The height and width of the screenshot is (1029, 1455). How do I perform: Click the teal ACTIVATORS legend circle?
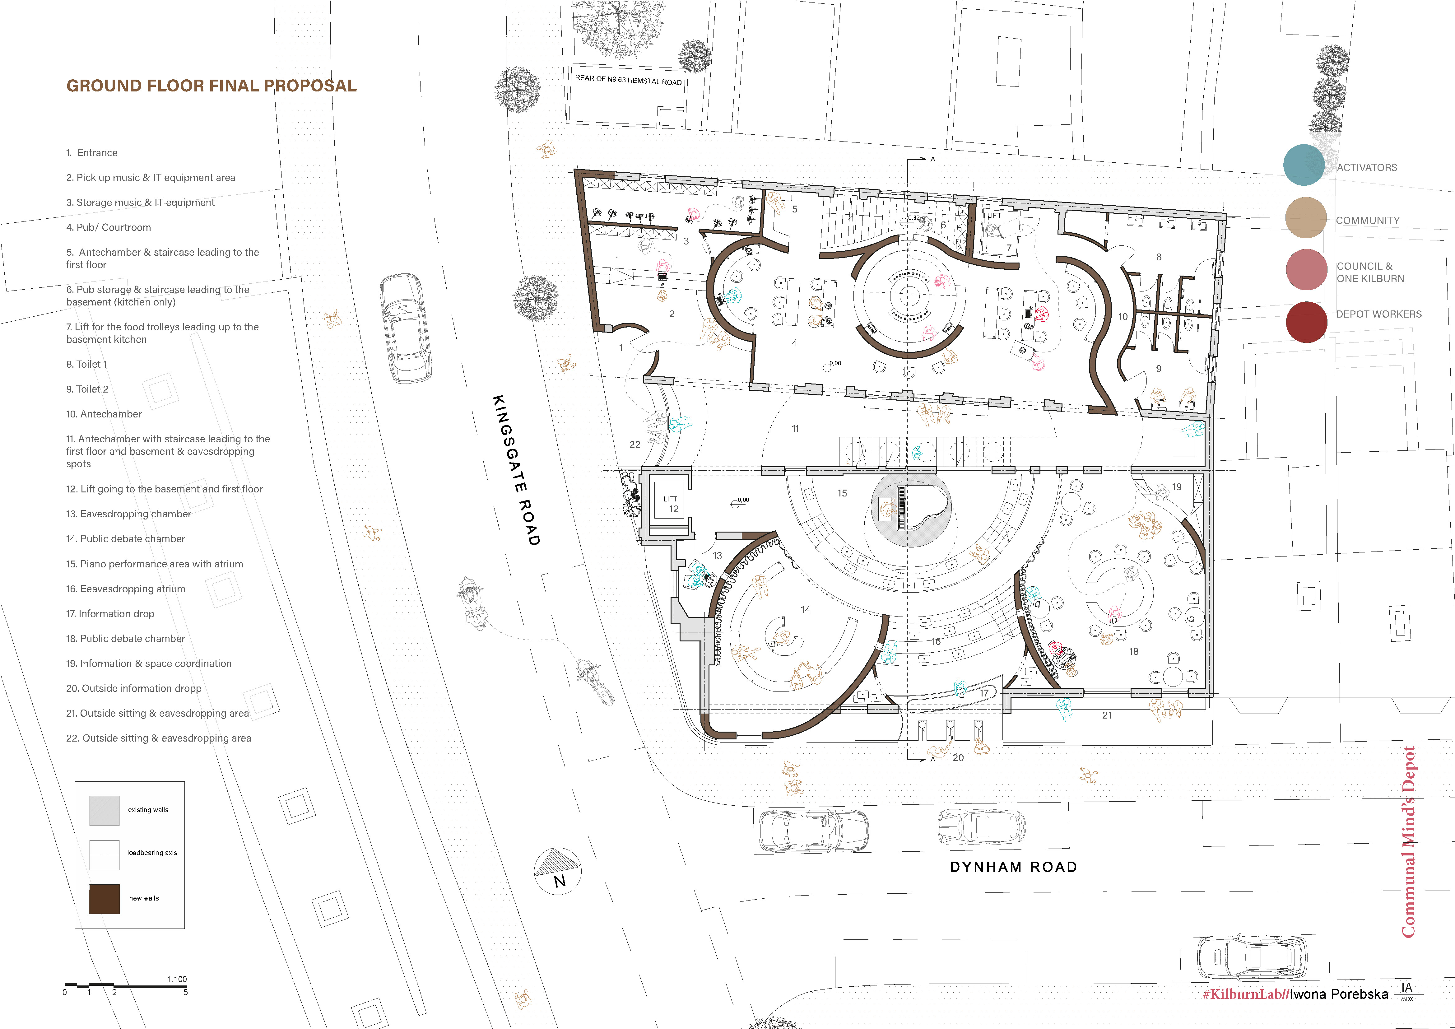(1304, 165)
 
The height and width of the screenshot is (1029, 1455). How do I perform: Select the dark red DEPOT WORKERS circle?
(1306, 322)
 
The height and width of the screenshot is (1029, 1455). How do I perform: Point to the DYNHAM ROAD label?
(1013, 867)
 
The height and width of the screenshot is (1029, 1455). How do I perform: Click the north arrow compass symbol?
(558, 871)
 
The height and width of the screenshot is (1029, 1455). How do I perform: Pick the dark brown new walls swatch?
(104, 898)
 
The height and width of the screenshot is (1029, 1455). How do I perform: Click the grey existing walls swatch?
(104, 810)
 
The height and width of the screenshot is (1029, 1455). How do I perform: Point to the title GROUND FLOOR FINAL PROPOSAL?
(212, 86)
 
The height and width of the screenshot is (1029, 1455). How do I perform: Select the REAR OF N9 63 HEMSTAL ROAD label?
(628, 80)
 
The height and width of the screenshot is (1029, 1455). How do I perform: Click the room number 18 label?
(1134, 651)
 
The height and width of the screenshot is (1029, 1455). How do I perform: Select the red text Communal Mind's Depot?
(1408, 841)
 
